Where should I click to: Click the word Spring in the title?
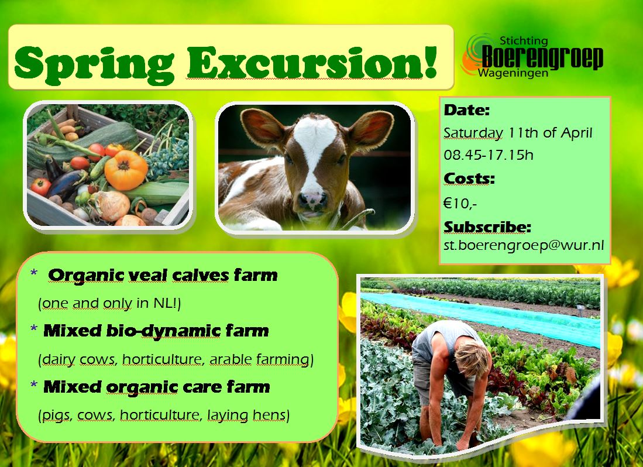coord(94,64)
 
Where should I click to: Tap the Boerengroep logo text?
coord(542,57)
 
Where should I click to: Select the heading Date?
coord(467,110)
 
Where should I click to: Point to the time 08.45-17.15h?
coord(489,155)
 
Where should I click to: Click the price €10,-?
coord(460,204)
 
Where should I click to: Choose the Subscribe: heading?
coord(487,226)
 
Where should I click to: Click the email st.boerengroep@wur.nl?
coord(524,245)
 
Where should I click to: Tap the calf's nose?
coord(312,200)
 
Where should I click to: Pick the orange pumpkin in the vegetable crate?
coord(126,170)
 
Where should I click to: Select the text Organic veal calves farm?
coord(163,275)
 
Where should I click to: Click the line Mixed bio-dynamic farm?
coord(156,331)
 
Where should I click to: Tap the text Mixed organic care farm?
coord(157,387)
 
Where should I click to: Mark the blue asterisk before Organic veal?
coord(34,273)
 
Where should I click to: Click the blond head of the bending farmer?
coord(472,358)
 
